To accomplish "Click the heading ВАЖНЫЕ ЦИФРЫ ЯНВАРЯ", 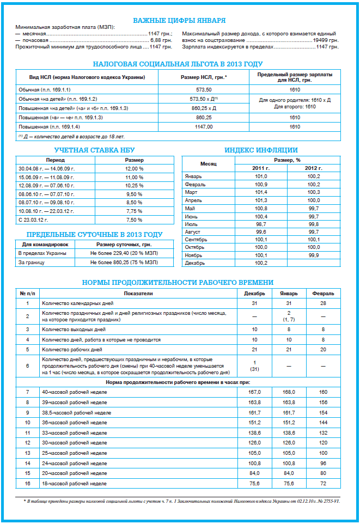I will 179,21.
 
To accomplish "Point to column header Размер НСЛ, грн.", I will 203,77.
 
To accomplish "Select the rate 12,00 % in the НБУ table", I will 134,169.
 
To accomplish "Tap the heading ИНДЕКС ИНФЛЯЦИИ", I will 261,150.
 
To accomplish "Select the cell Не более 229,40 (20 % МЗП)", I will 124,253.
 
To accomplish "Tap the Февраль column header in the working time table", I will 323,294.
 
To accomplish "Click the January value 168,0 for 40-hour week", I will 289,392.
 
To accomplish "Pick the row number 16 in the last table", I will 27,483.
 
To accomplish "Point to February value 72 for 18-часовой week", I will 323,483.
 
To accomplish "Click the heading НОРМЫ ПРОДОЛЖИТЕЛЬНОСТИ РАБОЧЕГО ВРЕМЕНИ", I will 178,283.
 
